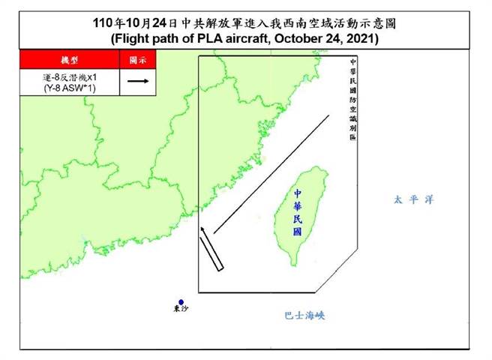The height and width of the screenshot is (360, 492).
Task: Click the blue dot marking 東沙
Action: [181, 302]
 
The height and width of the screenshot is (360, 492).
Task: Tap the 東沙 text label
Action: [181, 309]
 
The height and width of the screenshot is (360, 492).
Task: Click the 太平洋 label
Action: [414, 199]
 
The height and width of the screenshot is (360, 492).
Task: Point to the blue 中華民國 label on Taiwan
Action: [298, 211]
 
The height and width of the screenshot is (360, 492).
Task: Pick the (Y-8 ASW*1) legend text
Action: [70, 88]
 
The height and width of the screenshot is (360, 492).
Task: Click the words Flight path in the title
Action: [148, 37]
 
